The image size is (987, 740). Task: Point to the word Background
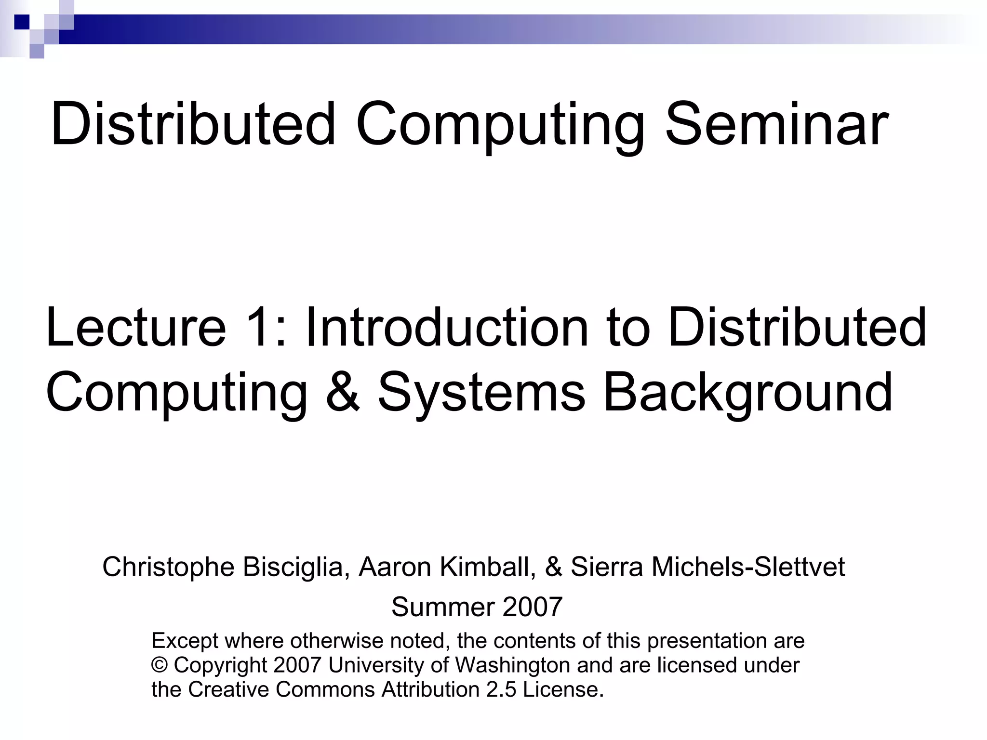(748, 392)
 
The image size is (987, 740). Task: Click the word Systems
(481, 392)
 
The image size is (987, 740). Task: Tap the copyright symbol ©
(159, 665)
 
